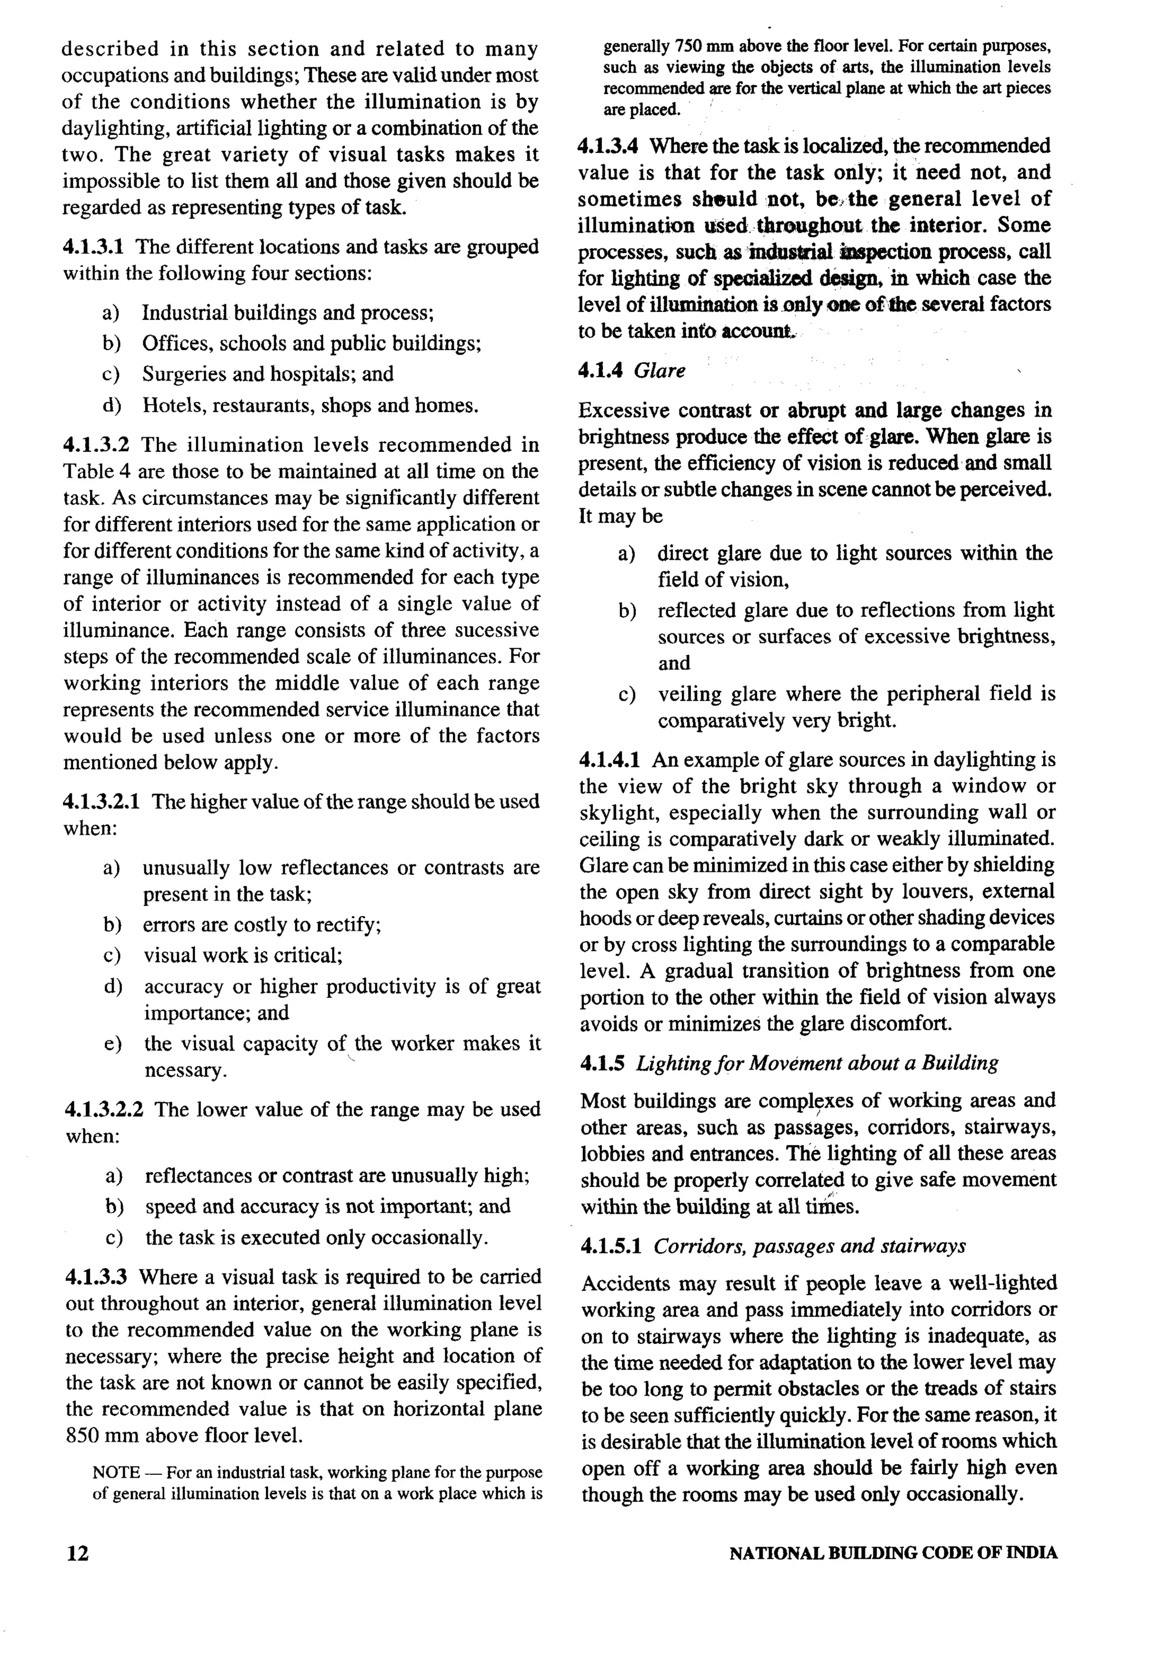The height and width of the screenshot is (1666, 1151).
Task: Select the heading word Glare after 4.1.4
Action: (659, 371)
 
